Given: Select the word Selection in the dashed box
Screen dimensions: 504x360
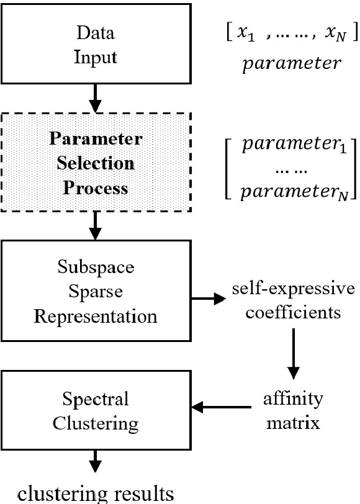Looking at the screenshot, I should pyautogui.click(x=96, y=163).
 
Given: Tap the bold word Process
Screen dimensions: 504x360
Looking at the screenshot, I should pyautogui.click(x=96, y=187).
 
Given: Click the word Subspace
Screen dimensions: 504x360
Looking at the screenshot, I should pyautogui.click(x=96, y=270).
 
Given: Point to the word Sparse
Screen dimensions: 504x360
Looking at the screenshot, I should pyautogui.click(x=96, y=292).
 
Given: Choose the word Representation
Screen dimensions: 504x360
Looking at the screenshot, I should pyautogui.click(x=96, y=316).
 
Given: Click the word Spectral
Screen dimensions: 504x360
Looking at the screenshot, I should pyautogui.click(x=96, y=398).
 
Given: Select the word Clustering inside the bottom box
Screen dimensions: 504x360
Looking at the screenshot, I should pyautogui.click(x=96, y=423).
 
